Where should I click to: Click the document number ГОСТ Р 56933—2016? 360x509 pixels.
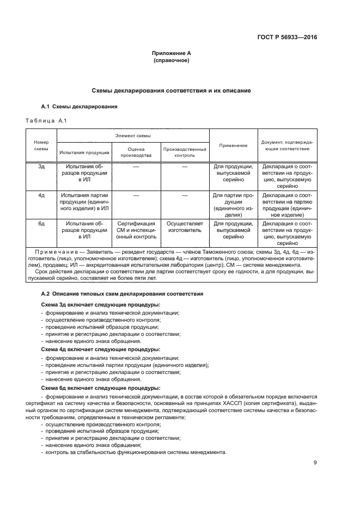click(286, 38)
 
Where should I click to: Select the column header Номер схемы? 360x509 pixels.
click(41, 145)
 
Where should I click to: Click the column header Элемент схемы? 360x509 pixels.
click(133, 135)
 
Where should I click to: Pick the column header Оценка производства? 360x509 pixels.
click(136, 152)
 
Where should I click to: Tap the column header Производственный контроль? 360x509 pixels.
click(185, 152)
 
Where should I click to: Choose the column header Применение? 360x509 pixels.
click(233, 145)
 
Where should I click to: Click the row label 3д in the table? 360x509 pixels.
click(41, 167)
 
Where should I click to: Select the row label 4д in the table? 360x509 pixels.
click(41, 194)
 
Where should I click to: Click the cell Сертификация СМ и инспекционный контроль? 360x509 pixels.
click(136, 230)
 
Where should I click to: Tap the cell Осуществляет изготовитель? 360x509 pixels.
click(185, 226)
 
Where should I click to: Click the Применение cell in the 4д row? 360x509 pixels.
click(233, 205)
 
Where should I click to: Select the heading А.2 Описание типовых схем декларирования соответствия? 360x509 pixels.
click(123, 294)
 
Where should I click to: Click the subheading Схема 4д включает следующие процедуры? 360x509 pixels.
click(101, 349)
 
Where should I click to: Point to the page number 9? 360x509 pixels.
click(315, 463)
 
